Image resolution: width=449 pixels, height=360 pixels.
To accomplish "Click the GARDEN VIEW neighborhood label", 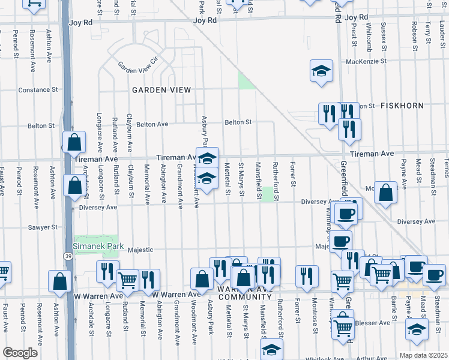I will tap(161, 90).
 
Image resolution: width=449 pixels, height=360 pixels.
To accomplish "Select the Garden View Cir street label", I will tap(137, 65).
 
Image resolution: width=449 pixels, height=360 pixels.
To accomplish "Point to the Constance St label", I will tap(37, 90).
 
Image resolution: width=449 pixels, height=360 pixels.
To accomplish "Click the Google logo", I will tap(20, 353).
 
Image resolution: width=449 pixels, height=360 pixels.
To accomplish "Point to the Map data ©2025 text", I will tap(423, 355).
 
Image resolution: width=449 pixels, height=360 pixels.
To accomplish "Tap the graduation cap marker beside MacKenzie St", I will tap(321, 71).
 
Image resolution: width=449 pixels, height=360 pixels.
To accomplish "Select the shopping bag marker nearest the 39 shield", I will tap(59, 282).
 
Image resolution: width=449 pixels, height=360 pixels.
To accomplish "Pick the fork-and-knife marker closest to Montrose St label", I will tap(307, 276).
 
